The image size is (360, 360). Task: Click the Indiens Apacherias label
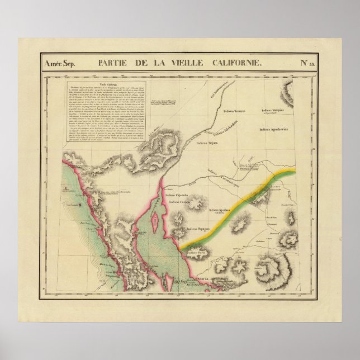[x=275, y=130]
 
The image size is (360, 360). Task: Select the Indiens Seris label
[x=197, y=252]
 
